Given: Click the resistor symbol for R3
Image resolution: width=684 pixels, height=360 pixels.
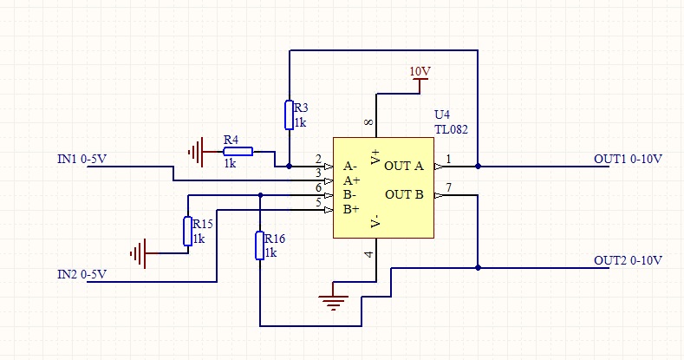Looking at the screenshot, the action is tap(289, 115).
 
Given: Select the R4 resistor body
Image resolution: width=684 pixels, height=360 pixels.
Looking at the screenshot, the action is tap(238, 152).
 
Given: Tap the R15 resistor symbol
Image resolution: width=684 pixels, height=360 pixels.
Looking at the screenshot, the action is tap(187, 232).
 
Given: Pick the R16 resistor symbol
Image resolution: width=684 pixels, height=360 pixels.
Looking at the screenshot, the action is tap(259, 245).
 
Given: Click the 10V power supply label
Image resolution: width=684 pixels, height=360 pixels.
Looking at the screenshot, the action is tap(420, 71).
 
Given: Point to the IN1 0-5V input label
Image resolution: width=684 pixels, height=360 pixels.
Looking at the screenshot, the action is tap(82, 159).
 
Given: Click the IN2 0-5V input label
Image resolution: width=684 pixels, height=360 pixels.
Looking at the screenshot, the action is tap(82, 274).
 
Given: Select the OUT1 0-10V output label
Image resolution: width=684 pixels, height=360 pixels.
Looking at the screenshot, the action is tap(628, 159).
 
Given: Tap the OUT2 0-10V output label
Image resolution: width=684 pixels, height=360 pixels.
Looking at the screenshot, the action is tap(628, 260).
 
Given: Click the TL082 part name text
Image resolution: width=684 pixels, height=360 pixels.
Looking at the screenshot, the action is tap(451, 129).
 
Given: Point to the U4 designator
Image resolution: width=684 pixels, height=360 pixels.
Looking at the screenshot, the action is tap(442, 115).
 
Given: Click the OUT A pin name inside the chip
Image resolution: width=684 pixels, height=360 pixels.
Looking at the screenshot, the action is tap(404, 166).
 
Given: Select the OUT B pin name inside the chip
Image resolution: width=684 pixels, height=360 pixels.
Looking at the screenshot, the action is tap(404, 194).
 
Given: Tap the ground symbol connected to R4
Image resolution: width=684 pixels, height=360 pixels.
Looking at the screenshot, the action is tap(196, 152).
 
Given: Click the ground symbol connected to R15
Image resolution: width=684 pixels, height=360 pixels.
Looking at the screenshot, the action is tap(139, 253).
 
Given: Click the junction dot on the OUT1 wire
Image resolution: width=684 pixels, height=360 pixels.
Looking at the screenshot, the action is tap(478, 167).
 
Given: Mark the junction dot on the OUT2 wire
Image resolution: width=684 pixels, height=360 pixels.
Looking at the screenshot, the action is tap(478, 267).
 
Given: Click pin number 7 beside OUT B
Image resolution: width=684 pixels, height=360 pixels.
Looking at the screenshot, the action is tap(448, 187).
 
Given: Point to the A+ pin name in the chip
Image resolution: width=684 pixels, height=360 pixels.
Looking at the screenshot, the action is tap(351, 180).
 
